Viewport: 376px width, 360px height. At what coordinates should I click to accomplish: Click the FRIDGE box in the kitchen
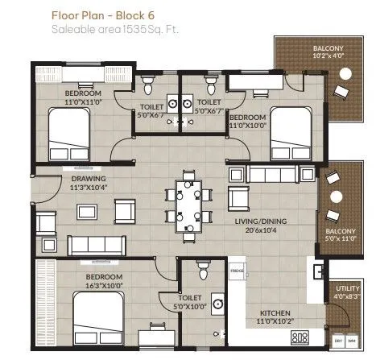click(x=237, y=271)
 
